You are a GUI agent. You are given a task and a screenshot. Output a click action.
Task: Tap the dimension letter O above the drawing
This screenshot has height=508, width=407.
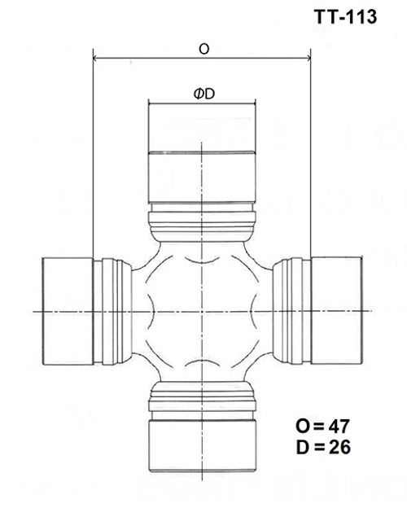203,49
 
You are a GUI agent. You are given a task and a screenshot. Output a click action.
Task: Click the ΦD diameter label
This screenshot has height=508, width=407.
203,94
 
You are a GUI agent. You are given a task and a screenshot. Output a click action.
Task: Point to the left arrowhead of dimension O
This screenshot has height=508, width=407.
98,59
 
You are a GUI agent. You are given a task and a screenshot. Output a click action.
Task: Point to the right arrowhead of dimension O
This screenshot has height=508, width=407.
308,59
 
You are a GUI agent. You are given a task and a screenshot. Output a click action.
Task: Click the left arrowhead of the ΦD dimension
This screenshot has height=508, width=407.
151,104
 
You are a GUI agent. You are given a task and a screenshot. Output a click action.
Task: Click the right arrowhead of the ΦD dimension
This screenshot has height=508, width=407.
252,104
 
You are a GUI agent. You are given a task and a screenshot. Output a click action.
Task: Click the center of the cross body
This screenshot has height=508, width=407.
202,311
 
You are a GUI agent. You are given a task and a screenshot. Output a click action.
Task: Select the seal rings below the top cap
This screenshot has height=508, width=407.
202,221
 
